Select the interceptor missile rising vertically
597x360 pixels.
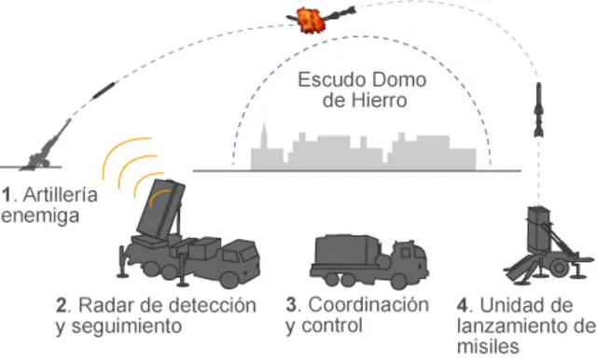pos(539,109)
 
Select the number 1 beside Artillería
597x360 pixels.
pos(7,195)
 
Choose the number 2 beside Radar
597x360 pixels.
pos(62,306)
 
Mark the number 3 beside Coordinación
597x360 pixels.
pos(292,306)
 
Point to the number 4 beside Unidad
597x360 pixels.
pos(464,306)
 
